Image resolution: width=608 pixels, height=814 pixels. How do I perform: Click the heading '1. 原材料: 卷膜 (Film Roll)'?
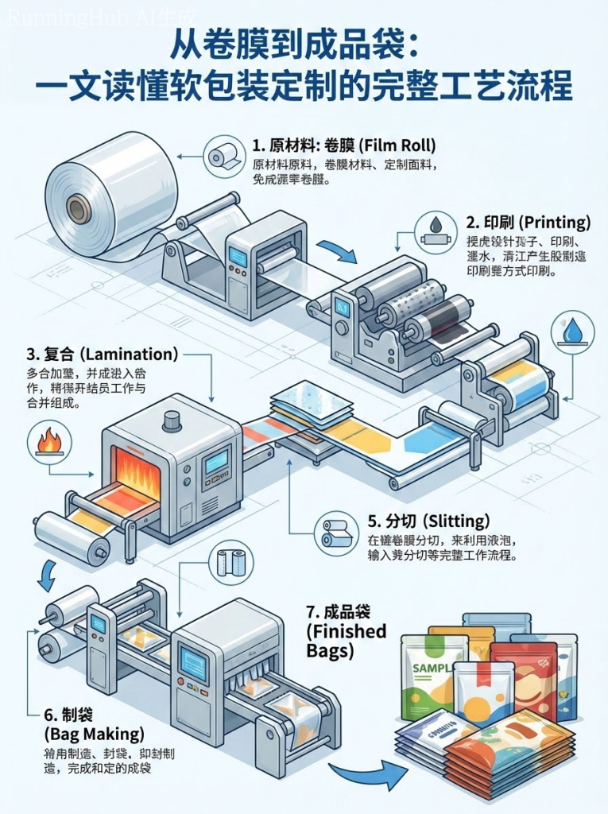[x=343, y=145]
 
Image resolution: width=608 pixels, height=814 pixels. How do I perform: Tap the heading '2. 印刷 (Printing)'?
[x=528, y=221]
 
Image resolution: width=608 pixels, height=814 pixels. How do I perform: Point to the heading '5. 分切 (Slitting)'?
[x=428, y=521]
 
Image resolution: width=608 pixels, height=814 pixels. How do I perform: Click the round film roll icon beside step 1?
[x=223, y=154]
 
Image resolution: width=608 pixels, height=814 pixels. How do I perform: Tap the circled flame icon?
[x=49, y=440]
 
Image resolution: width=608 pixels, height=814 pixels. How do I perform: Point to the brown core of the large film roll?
[x=78, y=210]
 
